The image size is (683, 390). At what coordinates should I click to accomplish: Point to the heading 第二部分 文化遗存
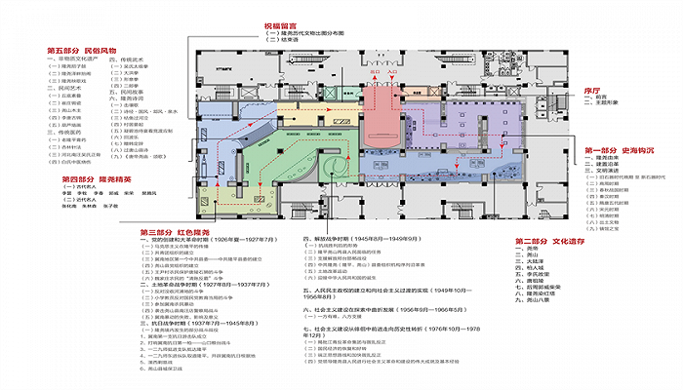click(x=549, y=240)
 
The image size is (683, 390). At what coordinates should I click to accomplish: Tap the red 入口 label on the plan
click(x=392, y=72)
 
